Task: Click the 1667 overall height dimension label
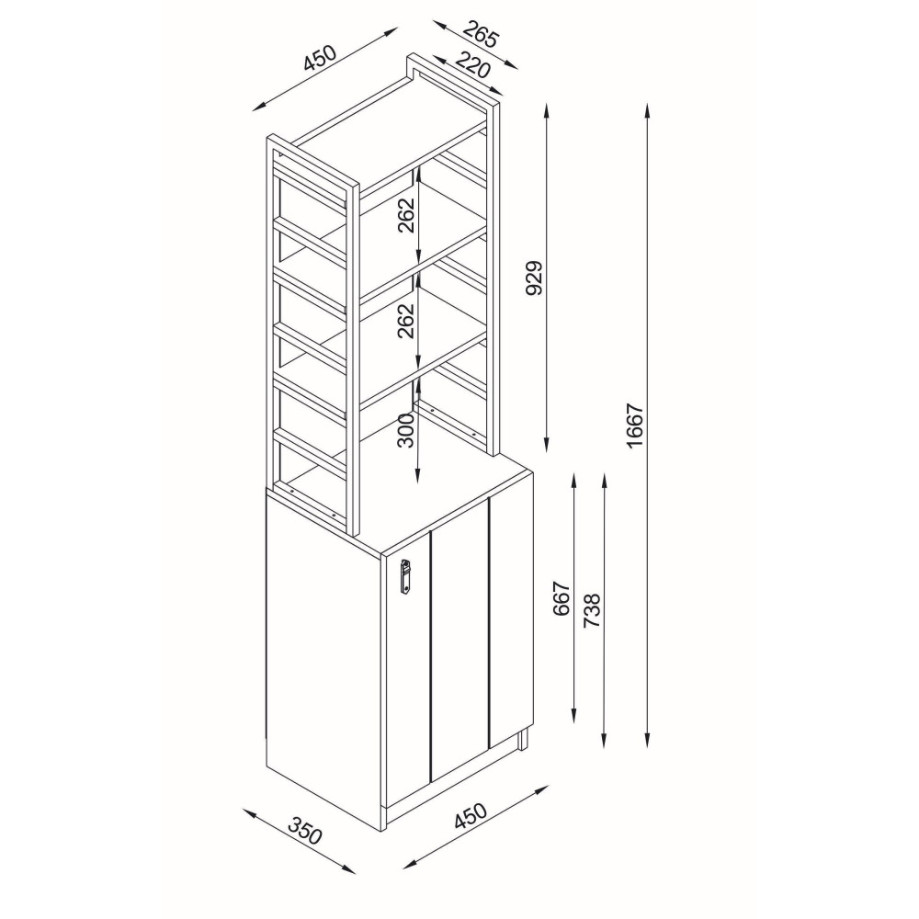pyautogui.click(x=635, y=425)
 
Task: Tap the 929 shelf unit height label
pyautogui.click(x=536, y=278)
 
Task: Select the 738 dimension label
pyautogui.click(x=593, y=611)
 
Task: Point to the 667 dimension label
pyautogui.click(x=562, y=598)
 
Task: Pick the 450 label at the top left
pyautogui.click(x=321, y=57)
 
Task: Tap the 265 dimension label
pyautogui.click(x=482, y=35)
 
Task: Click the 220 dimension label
pyautogui.click(x=472, y=64)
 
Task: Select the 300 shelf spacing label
pyautogui.click(x=405, y=429)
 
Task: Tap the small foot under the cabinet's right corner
pyautogui.click(x=524, y=740)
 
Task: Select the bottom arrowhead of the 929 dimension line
pyautogui.click(x=546, y=445)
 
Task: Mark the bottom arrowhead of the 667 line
pyautogui.click(x=573, y=715)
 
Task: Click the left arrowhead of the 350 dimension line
pyautogui.click(x=250, y=812)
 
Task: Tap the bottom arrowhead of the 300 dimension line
pyautogui.click(x=416, y=476)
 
